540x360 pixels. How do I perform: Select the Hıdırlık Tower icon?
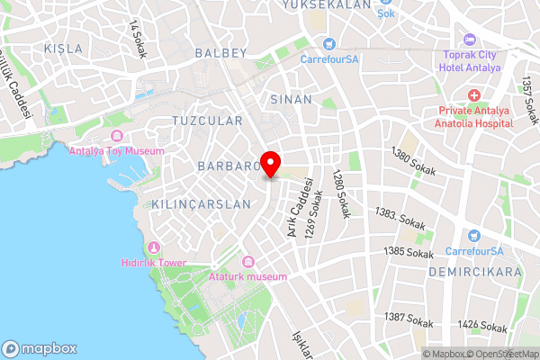pyautogui.click(x=155, y=247)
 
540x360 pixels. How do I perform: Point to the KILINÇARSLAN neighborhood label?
pyautogui.click(x=202, y=204)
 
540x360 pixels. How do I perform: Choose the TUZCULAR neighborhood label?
pyautogui.click(x=207, y=120)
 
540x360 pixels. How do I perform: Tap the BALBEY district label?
pyautogui.click(x=220, y=53)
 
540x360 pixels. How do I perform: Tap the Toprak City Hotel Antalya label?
pyautogui.click(x=472, y=60)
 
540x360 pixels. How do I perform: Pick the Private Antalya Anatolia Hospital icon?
pyautogui.click(x=474, y=94)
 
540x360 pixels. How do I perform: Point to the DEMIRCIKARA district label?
pyautogui.click(x=474, y=271)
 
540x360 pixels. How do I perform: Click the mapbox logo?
pyautogui.click(x=39, y=348)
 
